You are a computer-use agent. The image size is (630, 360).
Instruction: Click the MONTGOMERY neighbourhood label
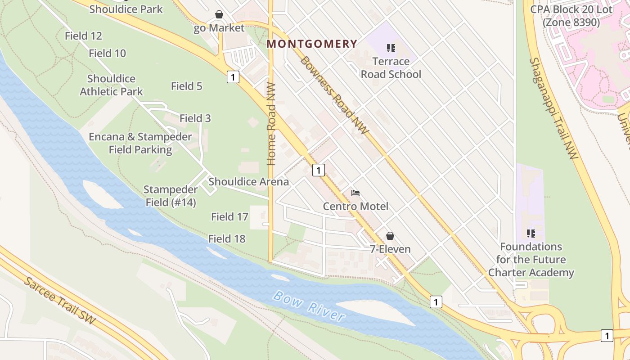coord(312,44)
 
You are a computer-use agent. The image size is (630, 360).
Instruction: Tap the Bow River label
coord(309,306)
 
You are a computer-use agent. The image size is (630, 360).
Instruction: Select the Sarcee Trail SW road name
coord(59,300)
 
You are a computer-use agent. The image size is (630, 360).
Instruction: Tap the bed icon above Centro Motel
coord(355,193)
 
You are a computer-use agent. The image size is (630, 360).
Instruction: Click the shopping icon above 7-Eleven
coord(390,236)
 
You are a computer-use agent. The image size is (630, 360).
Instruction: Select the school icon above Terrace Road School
coord(391,48)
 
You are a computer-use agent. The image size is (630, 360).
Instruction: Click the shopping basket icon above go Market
coord(219,14)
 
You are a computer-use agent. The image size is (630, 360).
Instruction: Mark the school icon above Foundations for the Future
coord(531,234)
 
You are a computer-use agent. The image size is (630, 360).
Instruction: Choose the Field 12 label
coord(83,36)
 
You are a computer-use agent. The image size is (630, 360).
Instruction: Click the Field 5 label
coord(186,86)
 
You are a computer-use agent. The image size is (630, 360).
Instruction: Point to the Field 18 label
coord(227,238)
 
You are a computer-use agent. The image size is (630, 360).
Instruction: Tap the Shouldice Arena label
coord(248,182)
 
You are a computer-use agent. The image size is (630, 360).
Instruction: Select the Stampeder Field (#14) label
coord(171,196)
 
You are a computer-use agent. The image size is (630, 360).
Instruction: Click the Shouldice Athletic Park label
coord(111,85)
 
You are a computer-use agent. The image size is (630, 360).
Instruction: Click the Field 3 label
coord(195,118)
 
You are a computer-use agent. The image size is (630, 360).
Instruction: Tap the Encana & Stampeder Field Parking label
coord(140,143)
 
